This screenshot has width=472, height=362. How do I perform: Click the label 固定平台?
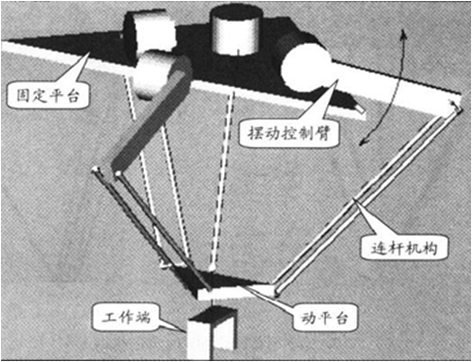pyautogui.click(x=48, y=96)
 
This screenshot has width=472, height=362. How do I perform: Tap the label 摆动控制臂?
pyautogui.click(x=289, y=133)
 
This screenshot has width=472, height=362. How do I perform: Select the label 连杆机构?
pyautogui.click(x=403, y=249)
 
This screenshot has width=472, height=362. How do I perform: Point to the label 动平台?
pyautogui.click(x=324, y=317)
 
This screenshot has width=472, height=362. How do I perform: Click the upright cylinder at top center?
pyautogui.click(x=236, y=30)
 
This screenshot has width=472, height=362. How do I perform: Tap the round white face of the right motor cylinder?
pyautogui.click(x=306, y=68)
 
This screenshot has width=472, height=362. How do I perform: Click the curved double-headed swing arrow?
pyautogui.click(x=389, y=88)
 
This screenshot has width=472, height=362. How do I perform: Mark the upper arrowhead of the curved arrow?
pyautogui.click(x=403, y=32)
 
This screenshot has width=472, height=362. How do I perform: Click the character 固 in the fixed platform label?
pyautogui.click(x=24, y=96)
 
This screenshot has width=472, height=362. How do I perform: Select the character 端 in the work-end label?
pyautogui.click(x=143, y=316)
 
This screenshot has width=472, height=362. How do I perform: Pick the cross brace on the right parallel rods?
pyautogui.click(x=358, y=203)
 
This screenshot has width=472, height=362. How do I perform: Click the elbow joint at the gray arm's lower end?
pyautogui.click(x=118, y=173)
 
